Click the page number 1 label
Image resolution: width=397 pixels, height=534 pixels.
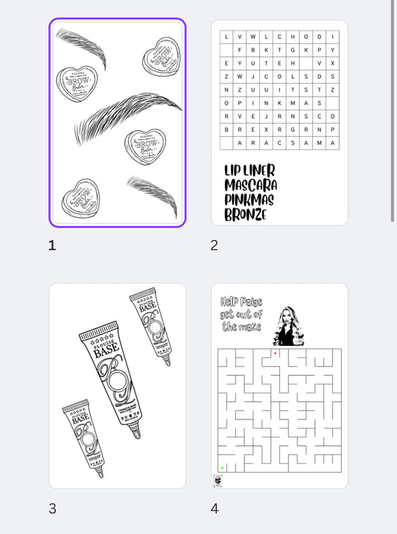(x=52, y=245)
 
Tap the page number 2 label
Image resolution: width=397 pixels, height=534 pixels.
(x=215, y=245)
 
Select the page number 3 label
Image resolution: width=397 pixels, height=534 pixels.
(x=52, y=509)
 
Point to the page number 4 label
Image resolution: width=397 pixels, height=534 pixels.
(x=215, y=509)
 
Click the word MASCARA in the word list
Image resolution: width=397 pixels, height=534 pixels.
(x=250, y=185)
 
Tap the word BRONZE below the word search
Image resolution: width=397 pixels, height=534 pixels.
(x=245, y=214)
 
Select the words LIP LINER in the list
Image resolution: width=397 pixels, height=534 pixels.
(x=250, y=171)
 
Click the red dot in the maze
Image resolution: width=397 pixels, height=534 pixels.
(x=275, y=353)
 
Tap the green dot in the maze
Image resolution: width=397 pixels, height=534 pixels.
(x=222, y=468)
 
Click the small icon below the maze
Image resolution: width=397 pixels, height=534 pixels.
(x=217, y=481)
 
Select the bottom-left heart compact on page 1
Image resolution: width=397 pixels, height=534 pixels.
(x=80, y=197)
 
